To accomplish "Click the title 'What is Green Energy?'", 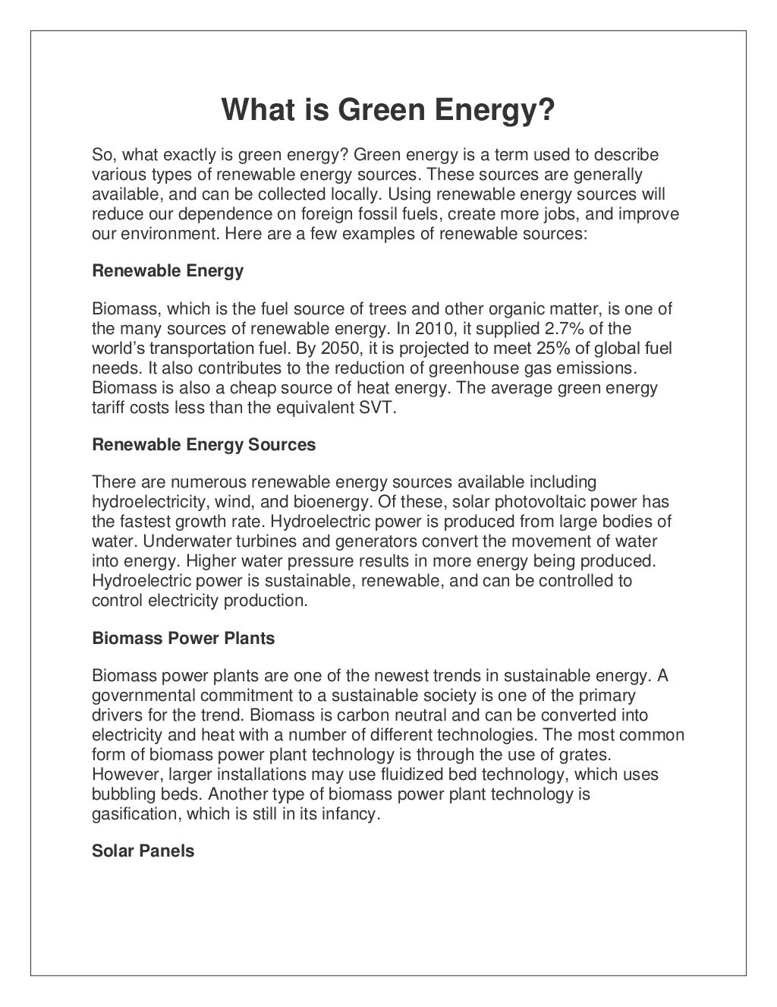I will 388,112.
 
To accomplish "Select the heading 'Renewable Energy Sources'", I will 203,444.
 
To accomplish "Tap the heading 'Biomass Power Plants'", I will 183,638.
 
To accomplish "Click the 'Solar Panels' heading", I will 143,851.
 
